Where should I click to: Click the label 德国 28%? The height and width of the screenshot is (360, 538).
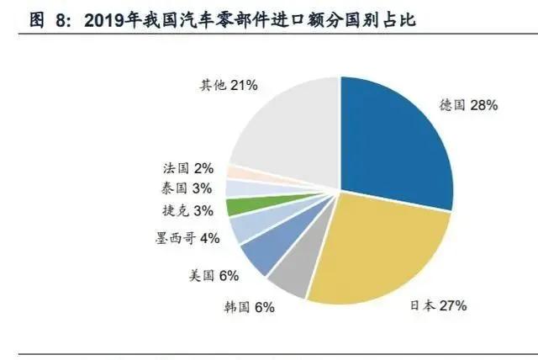click(x=469, y=105)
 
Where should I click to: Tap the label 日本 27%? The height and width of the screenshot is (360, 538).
click(x=444, y=306)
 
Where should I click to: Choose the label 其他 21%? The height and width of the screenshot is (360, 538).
click(x=228, y=86)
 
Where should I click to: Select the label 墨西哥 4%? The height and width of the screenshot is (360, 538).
click(x=187, y=238)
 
